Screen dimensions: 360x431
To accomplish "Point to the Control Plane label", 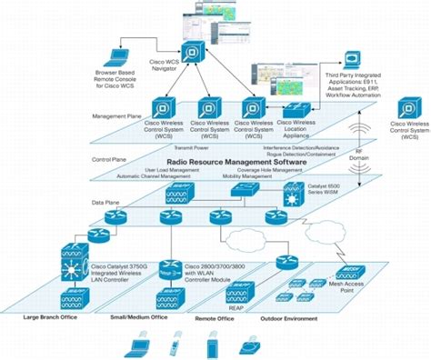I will (110, 160).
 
